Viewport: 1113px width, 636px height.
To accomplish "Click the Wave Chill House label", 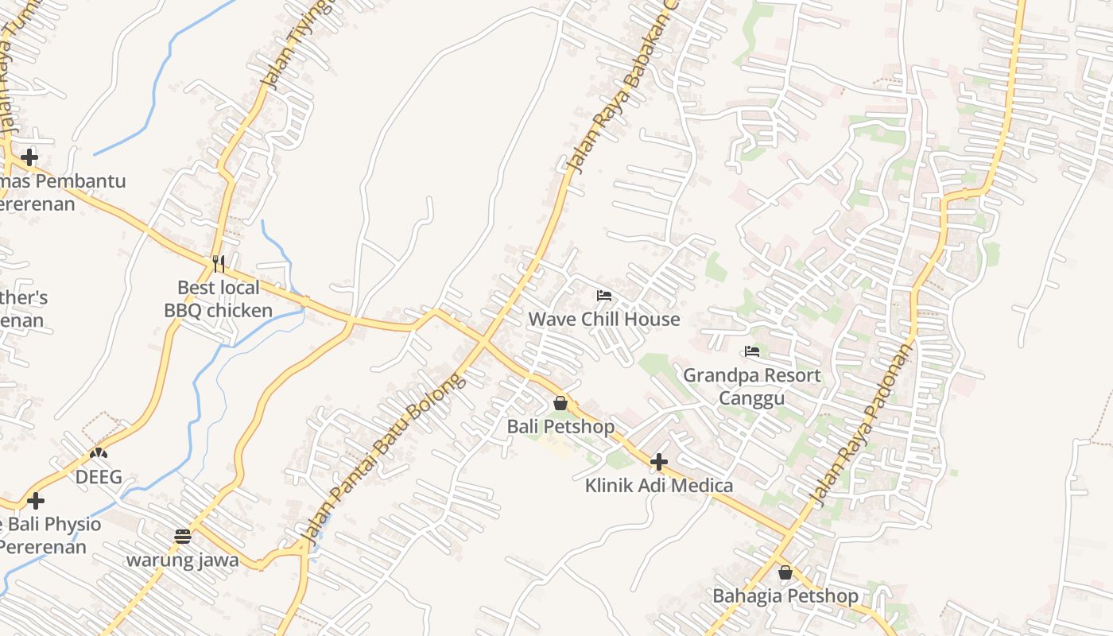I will [x=604, y=319].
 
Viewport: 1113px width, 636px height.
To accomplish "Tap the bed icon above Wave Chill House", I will [x=604, y=296].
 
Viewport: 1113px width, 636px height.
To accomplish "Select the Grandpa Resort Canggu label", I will [x=751, y=386].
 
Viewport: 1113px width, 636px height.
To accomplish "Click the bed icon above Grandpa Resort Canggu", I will [x=752, y=351].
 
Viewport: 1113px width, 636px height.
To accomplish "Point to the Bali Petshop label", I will [x=560, y=427].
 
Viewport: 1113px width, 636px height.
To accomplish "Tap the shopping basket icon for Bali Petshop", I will [x=560, y=403].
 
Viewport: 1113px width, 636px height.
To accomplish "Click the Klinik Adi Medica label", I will [x=659, y=485].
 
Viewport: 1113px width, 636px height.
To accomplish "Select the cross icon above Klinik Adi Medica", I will [x=659, y=461].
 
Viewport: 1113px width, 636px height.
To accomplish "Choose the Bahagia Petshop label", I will [x=785, y=595].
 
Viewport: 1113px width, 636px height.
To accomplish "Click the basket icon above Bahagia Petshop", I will [x=785, y=572].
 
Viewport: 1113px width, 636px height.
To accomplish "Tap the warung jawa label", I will [x=183, y=560].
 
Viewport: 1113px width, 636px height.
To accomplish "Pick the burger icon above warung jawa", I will [x=183, y=536].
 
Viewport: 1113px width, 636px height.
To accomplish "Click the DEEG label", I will [x=99, y=477].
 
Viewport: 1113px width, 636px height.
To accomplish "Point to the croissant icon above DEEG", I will [x=99, y=453].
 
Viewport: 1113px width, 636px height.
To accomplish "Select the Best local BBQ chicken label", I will [x=219, y=299].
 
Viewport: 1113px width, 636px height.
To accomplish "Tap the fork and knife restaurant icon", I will [x=219, y=263].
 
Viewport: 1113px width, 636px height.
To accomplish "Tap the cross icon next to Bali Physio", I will [x=36, y=501].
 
